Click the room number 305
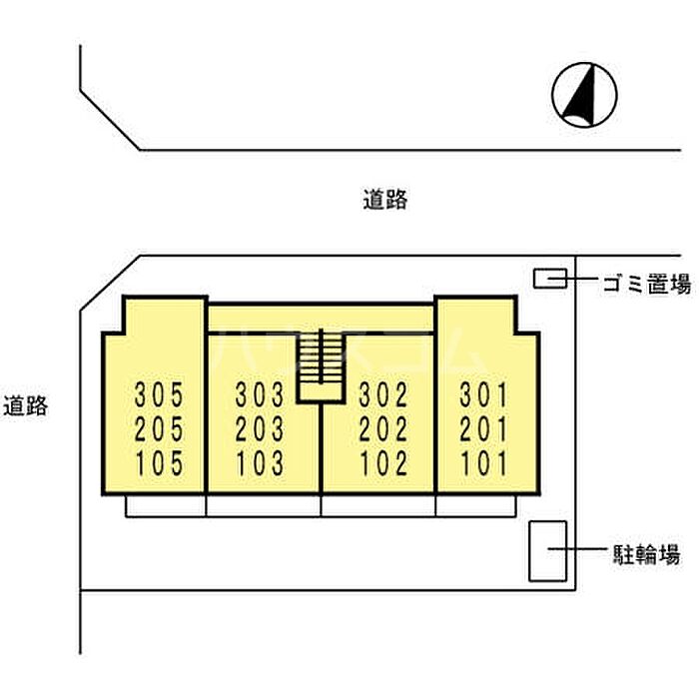pos(159,394)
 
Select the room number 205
pos(159,428)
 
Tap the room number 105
pos(159,463)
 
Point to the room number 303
pos(260,394)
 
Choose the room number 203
pos(260,428)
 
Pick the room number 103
pos(260,463)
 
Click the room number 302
pos(383,394)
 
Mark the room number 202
pos(383,428)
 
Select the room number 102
pos(383,463)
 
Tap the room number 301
pos(483,394)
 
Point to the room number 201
pos(483,428)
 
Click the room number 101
pos(483,463)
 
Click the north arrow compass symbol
pos(584,95)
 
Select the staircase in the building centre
pos(321,366)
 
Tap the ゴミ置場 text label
pos(647,284)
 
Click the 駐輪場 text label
pos(646,554)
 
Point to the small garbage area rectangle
pos(550,279)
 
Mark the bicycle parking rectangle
pos(548,551)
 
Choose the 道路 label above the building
pos(385,200)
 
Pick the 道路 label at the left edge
pos(25,405)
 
